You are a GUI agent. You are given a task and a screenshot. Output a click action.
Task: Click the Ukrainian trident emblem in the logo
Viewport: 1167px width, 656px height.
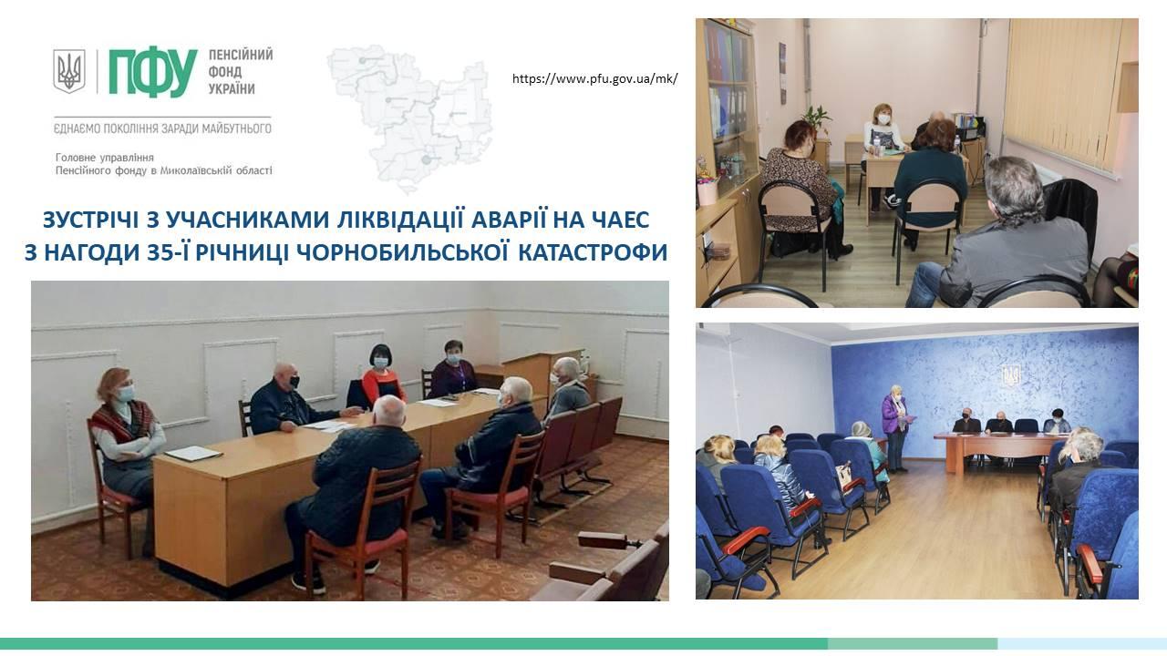68,71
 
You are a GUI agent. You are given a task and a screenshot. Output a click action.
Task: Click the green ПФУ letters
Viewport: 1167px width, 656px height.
153,73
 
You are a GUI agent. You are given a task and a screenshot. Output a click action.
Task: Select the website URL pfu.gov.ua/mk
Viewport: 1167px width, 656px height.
594,79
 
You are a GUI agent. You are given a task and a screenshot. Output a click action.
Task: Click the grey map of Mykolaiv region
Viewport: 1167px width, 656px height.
409,118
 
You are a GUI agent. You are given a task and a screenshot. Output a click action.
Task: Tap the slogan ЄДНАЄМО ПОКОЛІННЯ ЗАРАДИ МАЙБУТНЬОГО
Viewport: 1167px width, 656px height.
162,128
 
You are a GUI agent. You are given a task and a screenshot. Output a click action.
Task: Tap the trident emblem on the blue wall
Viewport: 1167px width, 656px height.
1011,374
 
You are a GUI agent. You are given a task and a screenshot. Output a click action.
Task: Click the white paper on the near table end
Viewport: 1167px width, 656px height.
193,454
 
